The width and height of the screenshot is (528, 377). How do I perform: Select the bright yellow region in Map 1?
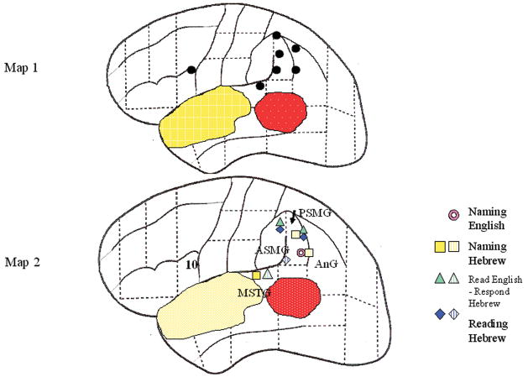pos(205,117)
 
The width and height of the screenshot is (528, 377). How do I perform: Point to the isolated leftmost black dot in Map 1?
pos(191,69)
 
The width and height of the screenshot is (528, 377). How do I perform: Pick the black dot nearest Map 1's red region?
pos(260,85)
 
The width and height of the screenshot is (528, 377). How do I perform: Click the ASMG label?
pos(270,249)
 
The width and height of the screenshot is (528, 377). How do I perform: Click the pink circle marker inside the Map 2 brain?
pos(301,252)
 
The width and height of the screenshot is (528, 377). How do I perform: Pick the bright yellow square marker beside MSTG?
pos(256,275)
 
